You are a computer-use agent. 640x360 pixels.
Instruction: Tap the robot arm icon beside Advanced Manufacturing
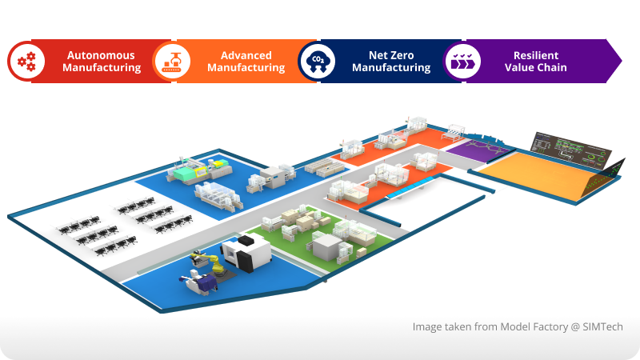coord(171,62)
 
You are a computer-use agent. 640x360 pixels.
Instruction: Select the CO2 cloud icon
coord(316,62)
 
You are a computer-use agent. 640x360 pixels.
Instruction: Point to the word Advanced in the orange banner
coord(246,55)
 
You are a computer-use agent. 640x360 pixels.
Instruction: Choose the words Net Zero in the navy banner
coord(391,55)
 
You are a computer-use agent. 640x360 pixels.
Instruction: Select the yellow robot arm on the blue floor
coord(202,260)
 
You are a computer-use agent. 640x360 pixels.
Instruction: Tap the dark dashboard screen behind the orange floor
coord(570,148)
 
